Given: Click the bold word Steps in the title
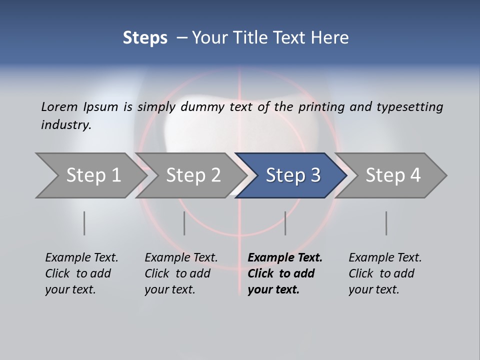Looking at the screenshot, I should click(145, 38).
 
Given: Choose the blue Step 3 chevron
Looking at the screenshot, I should click(293, 175).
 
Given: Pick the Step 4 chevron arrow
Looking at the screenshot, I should click(393, 175).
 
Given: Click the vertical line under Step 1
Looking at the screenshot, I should click(84, 223).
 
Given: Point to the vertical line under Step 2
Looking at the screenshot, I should click(184, 223).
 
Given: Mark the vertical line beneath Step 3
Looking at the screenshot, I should click(285, 223).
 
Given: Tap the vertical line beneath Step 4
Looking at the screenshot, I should click(386, 223).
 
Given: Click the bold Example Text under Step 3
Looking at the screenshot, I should click(285, 273).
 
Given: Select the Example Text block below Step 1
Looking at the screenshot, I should click(81, 273).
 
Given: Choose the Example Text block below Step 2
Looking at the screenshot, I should click(181, 273).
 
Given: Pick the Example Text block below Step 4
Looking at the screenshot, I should click(385, 273).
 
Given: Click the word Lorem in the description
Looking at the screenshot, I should click(59, 106).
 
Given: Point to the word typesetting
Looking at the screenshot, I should click(409, 106).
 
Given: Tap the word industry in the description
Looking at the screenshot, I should click(65, 124).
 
